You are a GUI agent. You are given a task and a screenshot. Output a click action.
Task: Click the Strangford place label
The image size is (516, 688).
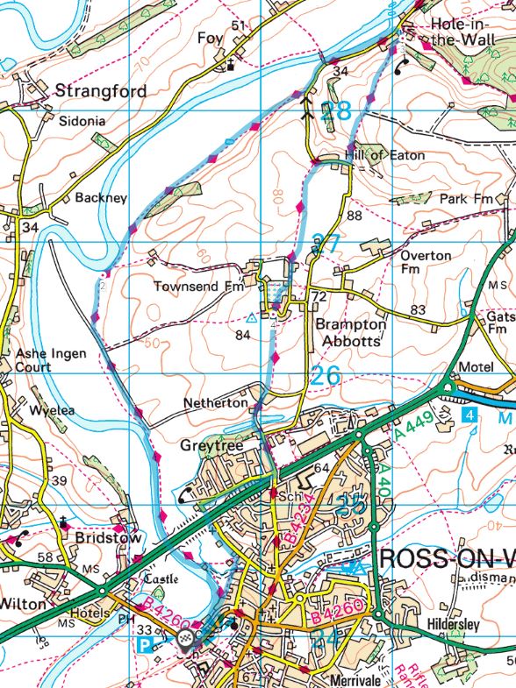point(101,90)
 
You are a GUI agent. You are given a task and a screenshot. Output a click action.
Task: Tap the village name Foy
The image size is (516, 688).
point(211,39)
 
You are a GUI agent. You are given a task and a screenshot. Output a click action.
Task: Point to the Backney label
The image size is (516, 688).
point(101,198)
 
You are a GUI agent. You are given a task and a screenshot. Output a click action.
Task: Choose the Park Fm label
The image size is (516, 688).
point(467,198)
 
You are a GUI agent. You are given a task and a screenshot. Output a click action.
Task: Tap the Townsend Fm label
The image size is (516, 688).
point(197,287)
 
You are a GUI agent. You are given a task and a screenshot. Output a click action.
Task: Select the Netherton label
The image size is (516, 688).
point(215,403)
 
